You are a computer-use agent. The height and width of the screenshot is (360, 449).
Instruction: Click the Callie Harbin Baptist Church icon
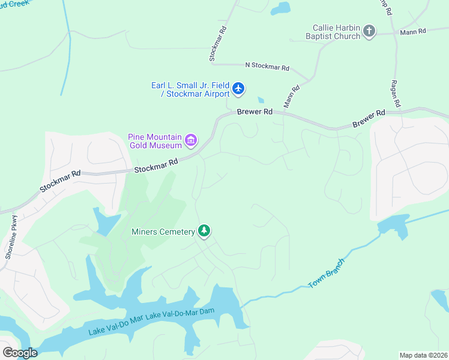[369, 31]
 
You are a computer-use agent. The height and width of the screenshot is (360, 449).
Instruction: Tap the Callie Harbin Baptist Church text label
[336, 32]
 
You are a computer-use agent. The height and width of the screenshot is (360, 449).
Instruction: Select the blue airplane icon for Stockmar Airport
[238, 89]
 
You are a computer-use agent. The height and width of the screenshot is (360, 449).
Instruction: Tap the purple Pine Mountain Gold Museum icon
[191, 141]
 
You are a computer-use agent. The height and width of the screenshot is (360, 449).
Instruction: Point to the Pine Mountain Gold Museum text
[154, 141]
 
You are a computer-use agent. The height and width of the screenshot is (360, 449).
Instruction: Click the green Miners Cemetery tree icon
[204, 231]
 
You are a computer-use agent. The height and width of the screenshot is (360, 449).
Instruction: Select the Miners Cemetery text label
[163, 232]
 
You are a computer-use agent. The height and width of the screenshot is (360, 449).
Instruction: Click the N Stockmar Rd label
[267, 67]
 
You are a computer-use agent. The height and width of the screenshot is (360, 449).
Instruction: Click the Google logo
[19, 352]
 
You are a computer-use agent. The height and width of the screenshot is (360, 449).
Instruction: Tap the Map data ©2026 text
[423, 355]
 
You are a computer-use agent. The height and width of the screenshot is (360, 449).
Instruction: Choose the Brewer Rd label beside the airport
[255, 112]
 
